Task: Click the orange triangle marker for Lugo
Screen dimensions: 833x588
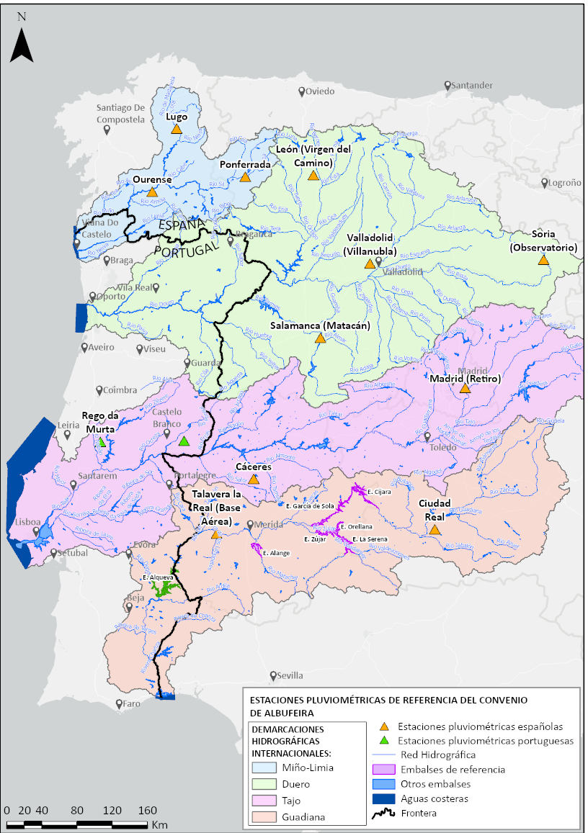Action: [x=176, y=130]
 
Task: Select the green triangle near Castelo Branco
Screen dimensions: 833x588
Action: [x=184, y=441]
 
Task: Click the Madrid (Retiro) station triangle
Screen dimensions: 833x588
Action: [x=465, y=388]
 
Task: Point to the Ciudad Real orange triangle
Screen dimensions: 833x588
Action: [x=435, y=530]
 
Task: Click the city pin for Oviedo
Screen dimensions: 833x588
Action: [x=302, y=91]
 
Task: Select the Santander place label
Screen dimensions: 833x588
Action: [x=473, y=85]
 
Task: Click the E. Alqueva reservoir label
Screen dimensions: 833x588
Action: [x=157, y=577]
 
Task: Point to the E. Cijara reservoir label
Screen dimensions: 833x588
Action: [x=378, y=492]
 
